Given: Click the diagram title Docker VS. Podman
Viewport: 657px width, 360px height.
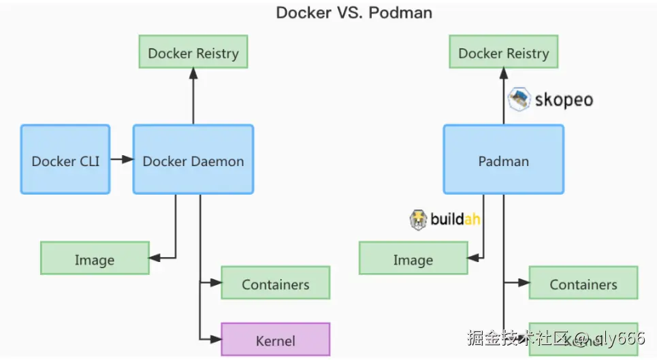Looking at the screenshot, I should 353,13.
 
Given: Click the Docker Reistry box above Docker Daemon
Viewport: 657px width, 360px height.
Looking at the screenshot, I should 193,52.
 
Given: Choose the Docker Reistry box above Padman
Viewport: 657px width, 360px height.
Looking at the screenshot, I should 503,52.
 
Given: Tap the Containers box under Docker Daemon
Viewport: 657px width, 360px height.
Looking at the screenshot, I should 275,283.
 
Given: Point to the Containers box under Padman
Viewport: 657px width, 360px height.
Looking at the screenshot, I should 583,283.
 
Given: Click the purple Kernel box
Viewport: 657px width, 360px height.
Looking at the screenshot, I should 275,339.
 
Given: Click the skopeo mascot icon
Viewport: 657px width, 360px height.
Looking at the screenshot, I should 519,99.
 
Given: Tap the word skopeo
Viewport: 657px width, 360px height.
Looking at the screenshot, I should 563,100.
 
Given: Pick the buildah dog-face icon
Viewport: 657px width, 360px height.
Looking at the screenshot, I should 418,219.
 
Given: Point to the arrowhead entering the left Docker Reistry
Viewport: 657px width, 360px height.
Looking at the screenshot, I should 193,73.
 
